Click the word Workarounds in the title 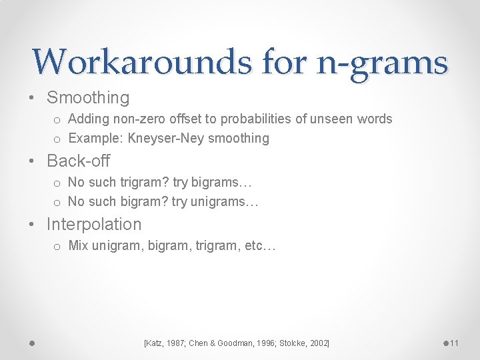pos(142,62)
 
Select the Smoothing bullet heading pos(87,98)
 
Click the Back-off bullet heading pos(78,161)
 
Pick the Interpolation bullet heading pos(94,224)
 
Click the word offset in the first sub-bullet pos(198,119)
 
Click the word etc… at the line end pos(260,246)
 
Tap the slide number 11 pos(455,343)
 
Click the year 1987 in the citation pos(173,343)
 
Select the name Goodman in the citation pos(243,343)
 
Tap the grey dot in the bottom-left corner pos(31,343)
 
